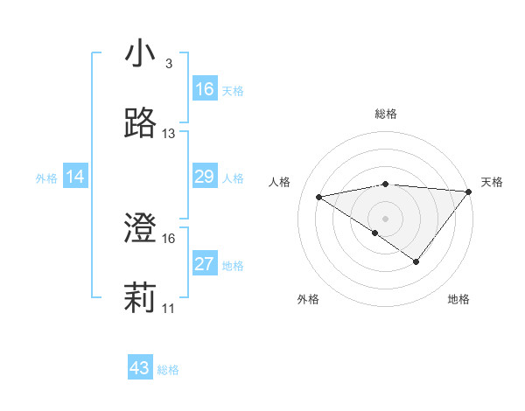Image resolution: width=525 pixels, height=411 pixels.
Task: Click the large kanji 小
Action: coord(140,54)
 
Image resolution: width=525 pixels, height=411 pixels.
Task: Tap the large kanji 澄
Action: coord(140,228)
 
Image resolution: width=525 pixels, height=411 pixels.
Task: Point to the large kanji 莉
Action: coord(140,298)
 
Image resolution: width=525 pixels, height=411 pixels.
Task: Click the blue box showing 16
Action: coord(205,89)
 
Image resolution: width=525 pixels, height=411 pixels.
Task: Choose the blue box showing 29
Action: coord(205,177)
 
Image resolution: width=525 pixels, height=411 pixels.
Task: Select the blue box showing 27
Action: coord(205,264)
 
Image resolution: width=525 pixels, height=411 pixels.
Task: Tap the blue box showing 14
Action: coord(75,177)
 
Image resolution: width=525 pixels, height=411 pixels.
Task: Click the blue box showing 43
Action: coord(140,368)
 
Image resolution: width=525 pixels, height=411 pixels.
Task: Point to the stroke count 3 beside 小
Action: coord(168,65)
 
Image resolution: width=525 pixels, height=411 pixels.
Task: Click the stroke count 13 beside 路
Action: coord(169,134)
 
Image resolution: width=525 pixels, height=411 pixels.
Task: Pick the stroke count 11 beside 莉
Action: coord(169,309)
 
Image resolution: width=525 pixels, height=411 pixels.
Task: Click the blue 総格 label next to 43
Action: coord(168,370)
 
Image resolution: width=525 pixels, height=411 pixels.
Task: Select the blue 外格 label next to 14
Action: coord(46,178)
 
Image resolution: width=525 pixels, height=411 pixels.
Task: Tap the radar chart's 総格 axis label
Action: coord(385,114)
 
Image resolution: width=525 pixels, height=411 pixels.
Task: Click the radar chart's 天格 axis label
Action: coord(493,182)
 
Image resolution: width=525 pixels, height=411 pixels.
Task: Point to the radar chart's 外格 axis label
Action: coord(308,299)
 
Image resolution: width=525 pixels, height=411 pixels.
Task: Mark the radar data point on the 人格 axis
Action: coord(319,196)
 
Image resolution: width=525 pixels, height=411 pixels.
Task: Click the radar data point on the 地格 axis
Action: coord(416,261)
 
